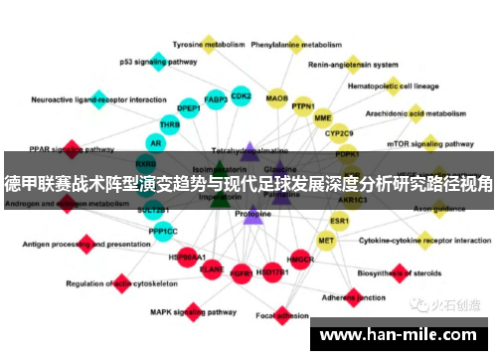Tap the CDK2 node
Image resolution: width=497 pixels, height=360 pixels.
(241, 95)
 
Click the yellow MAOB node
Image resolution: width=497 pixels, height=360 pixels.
(277, 97)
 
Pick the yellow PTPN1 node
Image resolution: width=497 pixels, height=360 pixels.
(303, 105)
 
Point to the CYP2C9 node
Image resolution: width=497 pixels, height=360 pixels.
(340, 133)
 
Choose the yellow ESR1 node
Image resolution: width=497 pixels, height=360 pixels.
(340, 221)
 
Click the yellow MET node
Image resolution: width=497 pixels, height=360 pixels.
(326, 240)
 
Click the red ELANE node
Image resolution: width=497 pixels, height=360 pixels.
(212, 269)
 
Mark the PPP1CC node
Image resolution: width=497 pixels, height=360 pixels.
(163, 231)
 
